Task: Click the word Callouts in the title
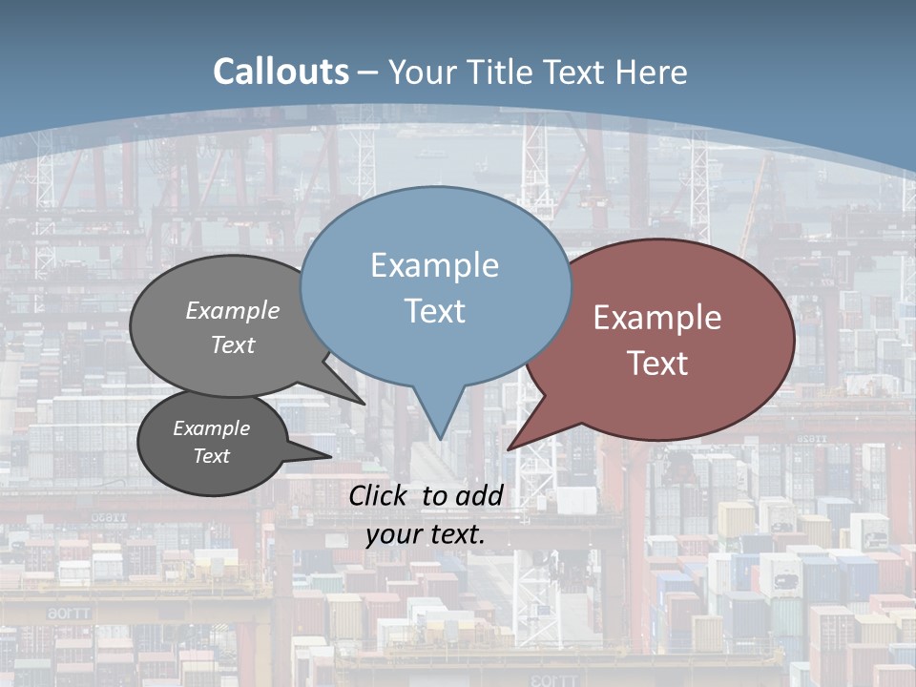pos(281,73)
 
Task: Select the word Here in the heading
pos(652,73)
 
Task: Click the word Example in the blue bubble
pos(434,265)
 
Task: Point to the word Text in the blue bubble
pos(434,311)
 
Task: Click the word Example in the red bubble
pos(657,318)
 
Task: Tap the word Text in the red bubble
pos(657,364)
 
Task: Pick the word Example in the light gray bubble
pos(233,311)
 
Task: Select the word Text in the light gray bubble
pos(233,344)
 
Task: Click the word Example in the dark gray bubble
pos(212,428)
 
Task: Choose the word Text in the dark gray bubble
pos(212,456)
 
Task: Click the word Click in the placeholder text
pos(381,495)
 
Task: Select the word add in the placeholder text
pos(479,495)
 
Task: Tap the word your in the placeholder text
pos(392,534)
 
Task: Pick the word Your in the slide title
pos(421,73)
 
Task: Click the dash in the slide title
pos(368,73)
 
